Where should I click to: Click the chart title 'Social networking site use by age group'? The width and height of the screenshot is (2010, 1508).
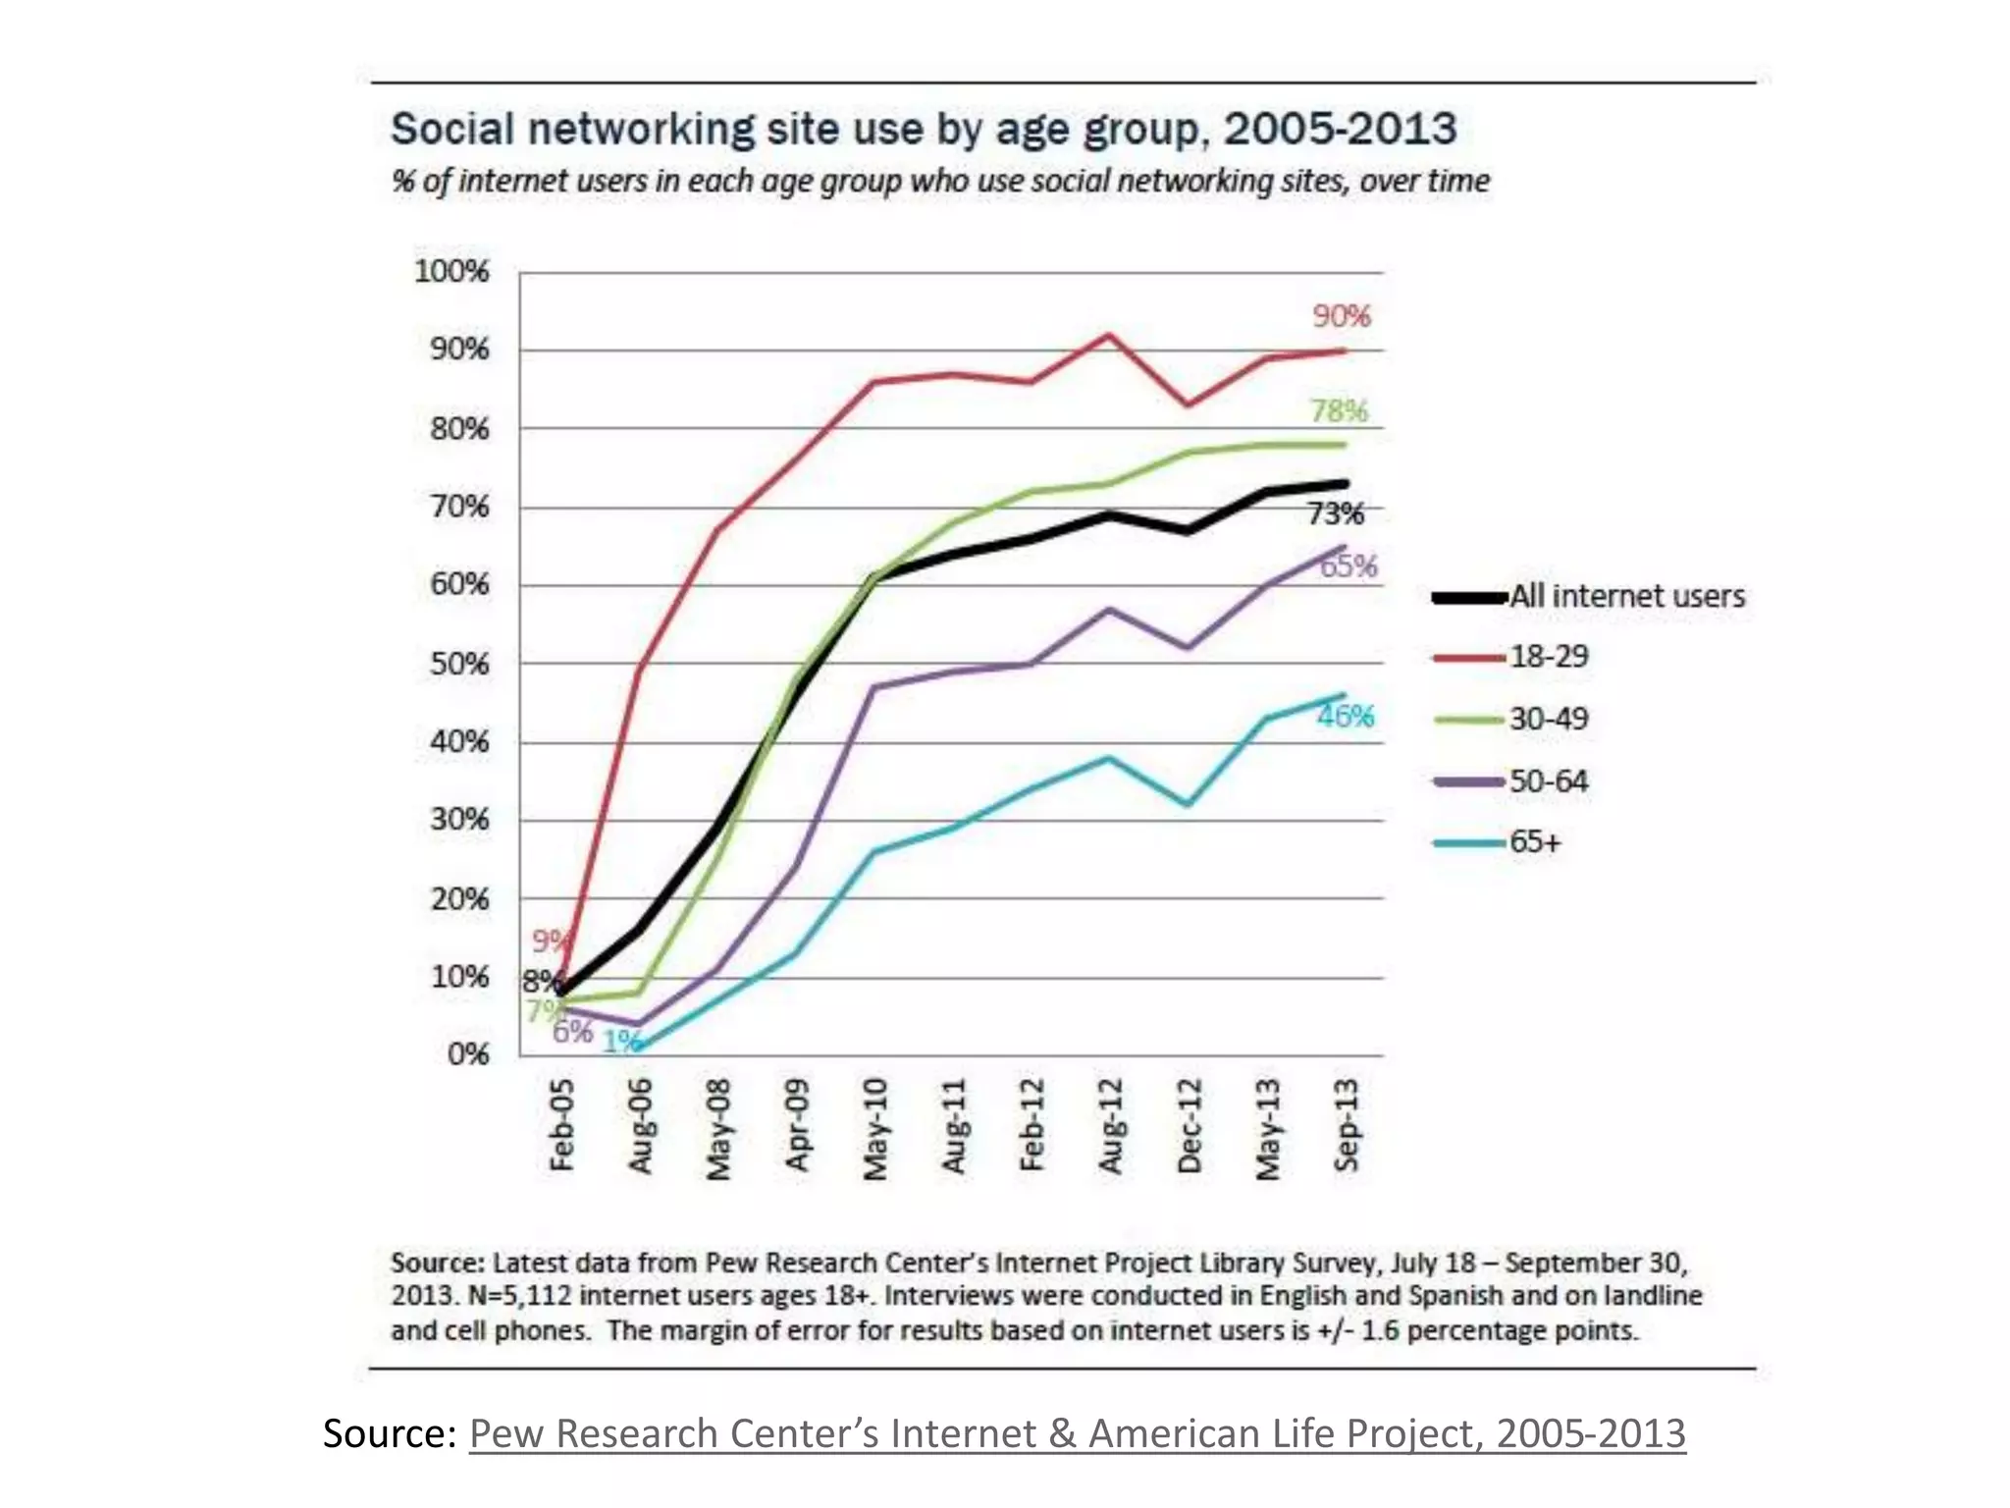click(x=923, y=130)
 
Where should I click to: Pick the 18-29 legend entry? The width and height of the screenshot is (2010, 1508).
click(x=1548, y=656)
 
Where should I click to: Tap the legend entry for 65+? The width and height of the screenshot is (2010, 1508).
click(x=1534, y=842)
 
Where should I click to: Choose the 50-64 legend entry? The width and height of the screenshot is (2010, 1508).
click(x=1548, y=781)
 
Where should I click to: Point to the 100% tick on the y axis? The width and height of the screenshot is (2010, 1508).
click(x=451, y=271)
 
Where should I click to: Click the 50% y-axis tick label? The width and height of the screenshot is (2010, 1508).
click(x=458, y=664)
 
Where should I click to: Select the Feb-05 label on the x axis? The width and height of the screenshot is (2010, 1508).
click(x=561, y=1125)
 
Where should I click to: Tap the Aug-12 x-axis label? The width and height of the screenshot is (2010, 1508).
click(x=1110, y=1125)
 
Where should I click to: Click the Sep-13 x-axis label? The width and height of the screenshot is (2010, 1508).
click(x=1347, y=1125)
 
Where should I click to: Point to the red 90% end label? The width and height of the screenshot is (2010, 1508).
click(x=1341, y=316)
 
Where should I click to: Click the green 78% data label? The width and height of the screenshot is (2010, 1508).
click(x=1339, y=410)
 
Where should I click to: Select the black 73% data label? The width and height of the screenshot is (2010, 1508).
click(x=1335, y=513)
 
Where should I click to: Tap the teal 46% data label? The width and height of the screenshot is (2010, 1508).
click(x=1345, y=716)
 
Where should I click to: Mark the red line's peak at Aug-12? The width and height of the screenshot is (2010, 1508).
click(x=1109, y=335)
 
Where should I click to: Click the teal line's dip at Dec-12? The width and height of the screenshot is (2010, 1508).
click(x=1189, y=804)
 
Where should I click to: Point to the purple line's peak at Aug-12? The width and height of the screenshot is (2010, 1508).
click(x=1109, y=609)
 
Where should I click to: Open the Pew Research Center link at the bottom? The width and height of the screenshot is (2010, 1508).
click(x=1077, y=1433)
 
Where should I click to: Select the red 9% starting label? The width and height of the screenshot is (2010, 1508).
click(x=549, y=942)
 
